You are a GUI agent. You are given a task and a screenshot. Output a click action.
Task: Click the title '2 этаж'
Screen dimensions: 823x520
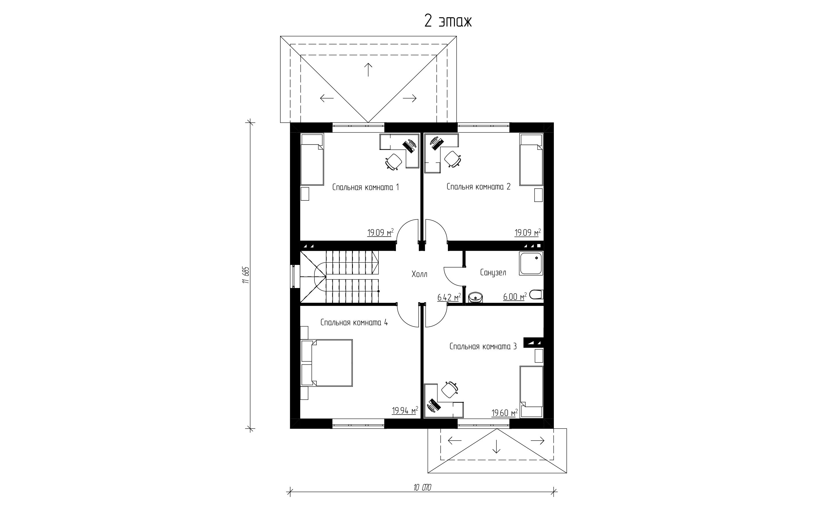pos(448,21)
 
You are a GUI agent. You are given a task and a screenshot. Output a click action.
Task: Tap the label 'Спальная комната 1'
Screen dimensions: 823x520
pos(365,187)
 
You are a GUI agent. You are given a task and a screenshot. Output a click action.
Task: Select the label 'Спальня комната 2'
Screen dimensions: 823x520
pos(478,187)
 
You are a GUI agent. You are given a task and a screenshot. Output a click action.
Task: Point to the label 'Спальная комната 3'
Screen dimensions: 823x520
pos(483,346)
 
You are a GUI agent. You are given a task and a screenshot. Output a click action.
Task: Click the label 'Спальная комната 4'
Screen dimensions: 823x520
pos(354,322)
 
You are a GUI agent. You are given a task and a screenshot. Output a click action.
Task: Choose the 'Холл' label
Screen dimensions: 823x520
pos(419,274)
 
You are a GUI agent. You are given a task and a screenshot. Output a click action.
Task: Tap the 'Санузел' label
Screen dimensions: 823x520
pos(493,272)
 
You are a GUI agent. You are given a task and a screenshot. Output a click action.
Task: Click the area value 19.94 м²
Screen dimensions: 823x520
pos(405,410)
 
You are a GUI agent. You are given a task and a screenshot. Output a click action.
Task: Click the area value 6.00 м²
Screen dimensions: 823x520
pos(515,297)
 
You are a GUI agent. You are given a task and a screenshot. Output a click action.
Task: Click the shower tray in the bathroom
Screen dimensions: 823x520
pos(531,263)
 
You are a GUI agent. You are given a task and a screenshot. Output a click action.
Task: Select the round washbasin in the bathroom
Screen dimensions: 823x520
pos(475,298)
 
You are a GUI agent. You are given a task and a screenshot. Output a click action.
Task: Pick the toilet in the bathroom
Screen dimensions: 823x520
pos(536,295)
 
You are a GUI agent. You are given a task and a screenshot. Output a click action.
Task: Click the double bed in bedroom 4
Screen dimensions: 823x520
pos(326,363)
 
